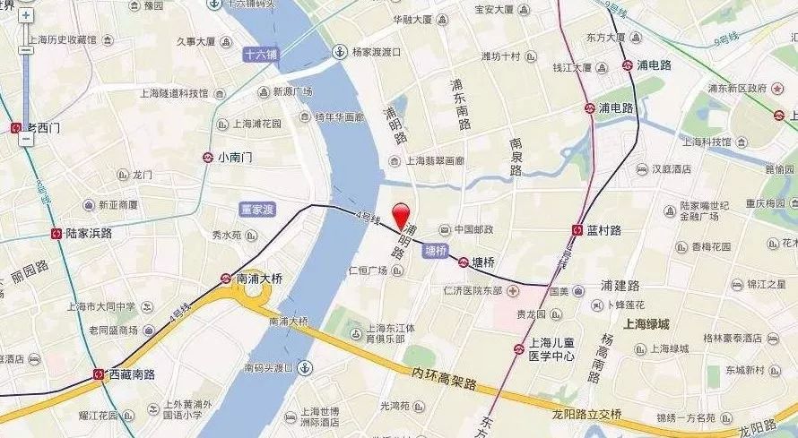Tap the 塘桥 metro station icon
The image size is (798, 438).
click(x=463, y=262)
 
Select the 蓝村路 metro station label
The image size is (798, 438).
click(x=603, y=230)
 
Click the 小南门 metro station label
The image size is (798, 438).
click(x=235, y=157)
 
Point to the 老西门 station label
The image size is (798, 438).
click(x=43, y=128)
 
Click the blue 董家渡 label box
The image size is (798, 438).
click(x=257, y=208)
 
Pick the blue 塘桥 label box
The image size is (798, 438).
click(x=435, y=252)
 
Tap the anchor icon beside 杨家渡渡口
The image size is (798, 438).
click(x=339, y=51)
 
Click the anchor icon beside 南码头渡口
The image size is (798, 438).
click(x=305, y=367)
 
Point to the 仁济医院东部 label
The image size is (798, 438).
click(x=473, y=291)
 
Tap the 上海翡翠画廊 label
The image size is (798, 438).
click(x=435, y=161)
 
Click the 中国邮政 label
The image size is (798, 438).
click(x=473, y=229)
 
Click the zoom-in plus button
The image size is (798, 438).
click(x=26, y=15)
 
